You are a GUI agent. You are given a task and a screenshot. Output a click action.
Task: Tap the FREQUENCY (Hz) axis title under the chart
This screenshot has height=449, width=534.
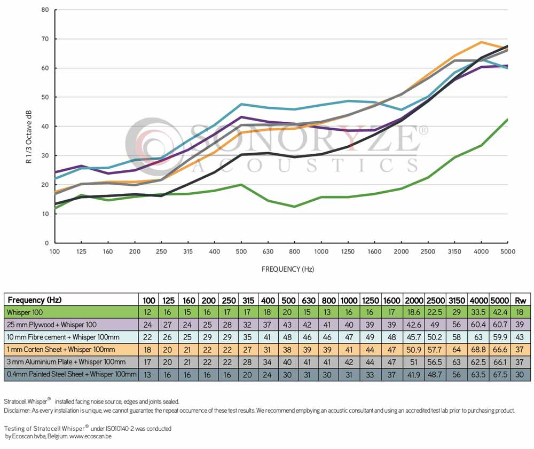(x=287, y=269)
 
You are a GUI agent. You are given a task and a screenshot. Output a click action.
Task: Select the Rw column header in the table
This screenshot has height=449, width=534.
(x=521, y=300)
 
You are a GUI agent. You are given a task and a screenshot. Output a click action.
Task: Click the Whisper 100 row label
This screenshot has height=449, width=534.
(x=26, y=312)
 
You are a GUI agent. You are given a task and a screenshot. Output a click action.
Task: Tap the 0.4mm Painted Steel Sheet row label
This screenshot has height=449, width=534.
(x=71, y=375)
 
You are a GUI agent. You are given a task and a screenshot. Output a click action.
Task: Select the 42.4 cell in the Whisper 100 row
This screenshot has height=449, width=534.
(x=500, y=312)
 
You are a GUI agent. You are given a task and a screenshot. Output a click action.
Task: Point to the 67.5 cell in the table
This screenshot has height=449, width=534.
(x=500, y=375)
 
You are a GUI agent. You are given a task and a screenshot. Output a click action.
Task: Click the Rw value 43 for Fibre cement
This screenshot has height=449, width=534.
(x=521, y=337)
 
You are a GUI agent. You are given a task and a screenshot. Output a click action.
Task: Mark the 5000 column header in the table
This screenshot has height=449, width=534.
(x=500, y=300)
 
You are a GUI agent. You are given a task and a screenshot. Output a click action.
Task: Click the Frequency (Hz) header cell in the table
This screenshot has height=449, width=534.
(x=34, y=300)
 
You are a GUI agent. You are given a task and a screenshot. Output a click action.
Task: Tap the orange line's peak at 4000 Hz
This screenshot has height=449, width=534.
(x=482, y=42)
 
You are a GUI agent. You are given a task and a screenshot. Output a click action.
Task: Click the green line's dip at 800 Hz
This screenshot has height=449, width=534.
(x=294, y=206)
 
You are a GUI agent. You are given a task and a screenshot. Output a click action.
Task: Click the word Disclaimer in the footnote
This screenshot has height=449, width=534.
(x=17, y=411)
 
